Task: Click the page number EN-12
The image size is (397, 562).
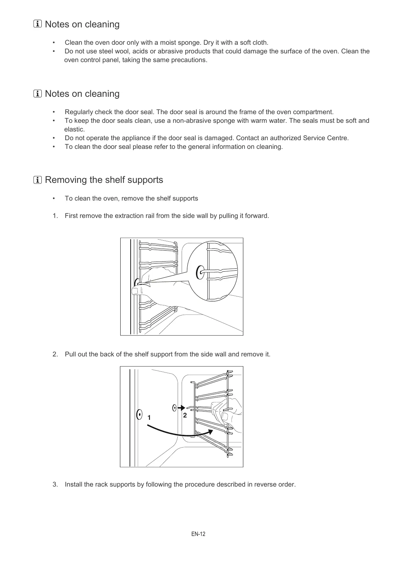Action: [x=198, y=534]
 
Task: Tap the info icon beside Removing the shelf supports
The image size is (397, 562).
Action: [x=38, y=180]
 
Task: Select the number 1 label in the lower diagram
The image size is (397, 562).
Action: [x=149, y=417]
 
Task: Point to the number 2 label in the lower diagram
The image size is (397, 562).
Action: [x=185, y=415]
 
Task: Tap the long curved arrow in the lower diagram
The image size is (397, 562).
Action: [x=180, y=433]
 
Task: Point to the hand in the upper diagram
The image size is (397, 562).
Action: [x=157, y=290]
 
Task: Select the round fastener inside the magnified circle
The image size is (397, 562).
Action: [x=200, y=272]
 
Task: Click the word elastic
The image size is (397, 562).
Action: [x=74, y=129]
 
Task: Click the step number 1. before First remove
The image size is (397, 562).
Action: [x=55, y=216]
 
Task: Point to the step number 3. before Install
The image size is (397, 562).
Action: [x=55, y=484]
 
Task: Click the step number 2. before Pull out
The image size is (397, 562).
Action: [x=55, y=354]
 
